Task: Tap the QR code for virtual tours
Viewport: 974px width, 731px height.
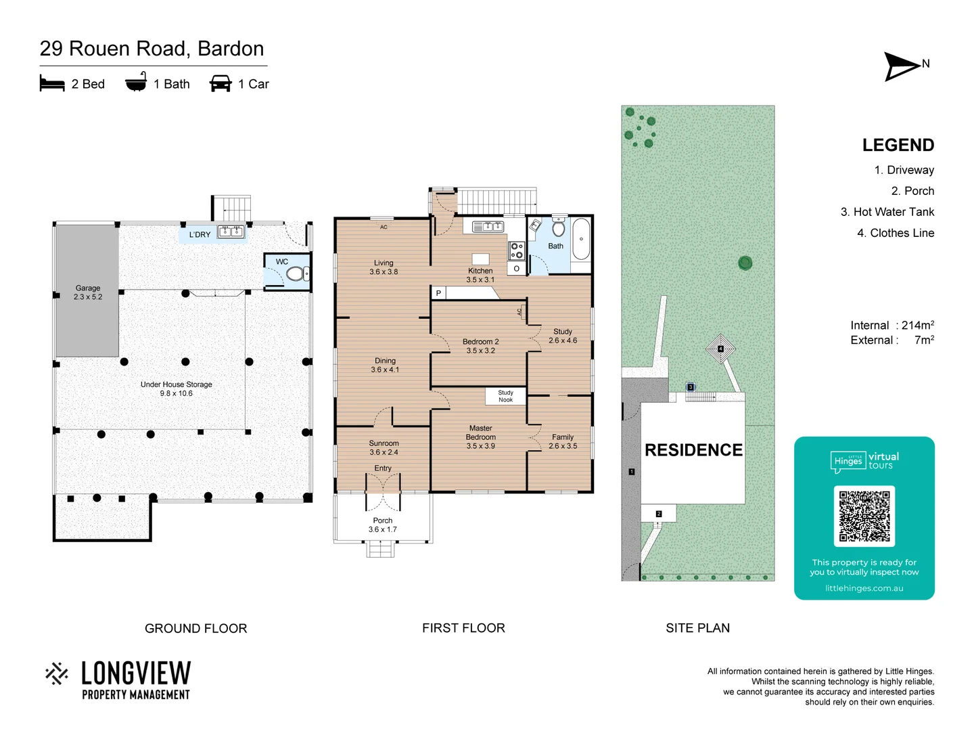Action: click(x=864, y=516)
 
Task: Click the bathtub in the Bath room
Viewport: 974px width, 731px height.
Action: click(x=581, y=239)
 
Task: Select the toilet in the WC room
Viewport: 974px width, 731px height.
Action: click(x=296, y=273)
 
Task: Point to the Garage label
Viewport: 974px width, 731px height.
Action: click(x=88, y=292)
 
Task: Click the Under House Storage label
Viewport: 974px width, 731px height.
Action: click(x=176, y=389)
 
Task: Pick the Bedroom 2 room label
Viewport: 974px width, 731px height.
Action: click(x=480, y=346)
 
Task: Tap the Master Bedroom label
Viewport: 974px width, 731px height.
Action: click(x=480, y=437)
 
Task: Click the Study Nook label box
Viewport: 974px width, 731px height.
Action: click(x=505, y=396)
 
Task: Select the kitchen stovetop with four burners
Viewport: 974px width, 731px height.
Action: click(x=517, y=250)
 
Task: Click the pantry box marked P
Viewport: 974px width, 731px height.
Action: click(x=438, y=293)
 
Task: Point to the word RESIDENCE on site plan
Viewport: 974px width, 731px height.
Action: click(x=693, y=450)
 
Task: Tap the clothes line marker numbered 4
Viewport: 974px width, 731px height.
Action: click(x=720, y=349)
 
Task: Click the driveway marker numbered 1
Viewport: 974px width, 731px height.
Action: click(x=631, y=472)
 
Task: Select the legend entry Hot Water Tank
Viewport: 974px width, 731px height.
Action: click(x=887, y=212)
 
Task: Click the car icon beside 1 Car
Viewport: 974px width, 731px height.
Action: click(x=221, y=84)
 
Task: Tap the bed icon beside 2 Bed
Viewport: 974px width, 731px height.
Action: click(x=52, y=84)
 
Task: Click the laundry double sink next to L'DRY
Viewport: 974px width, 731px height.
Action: click(x=231, y=232)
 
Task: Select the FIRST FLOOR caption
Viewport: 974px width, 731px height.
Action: click(x=463, y=628)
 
